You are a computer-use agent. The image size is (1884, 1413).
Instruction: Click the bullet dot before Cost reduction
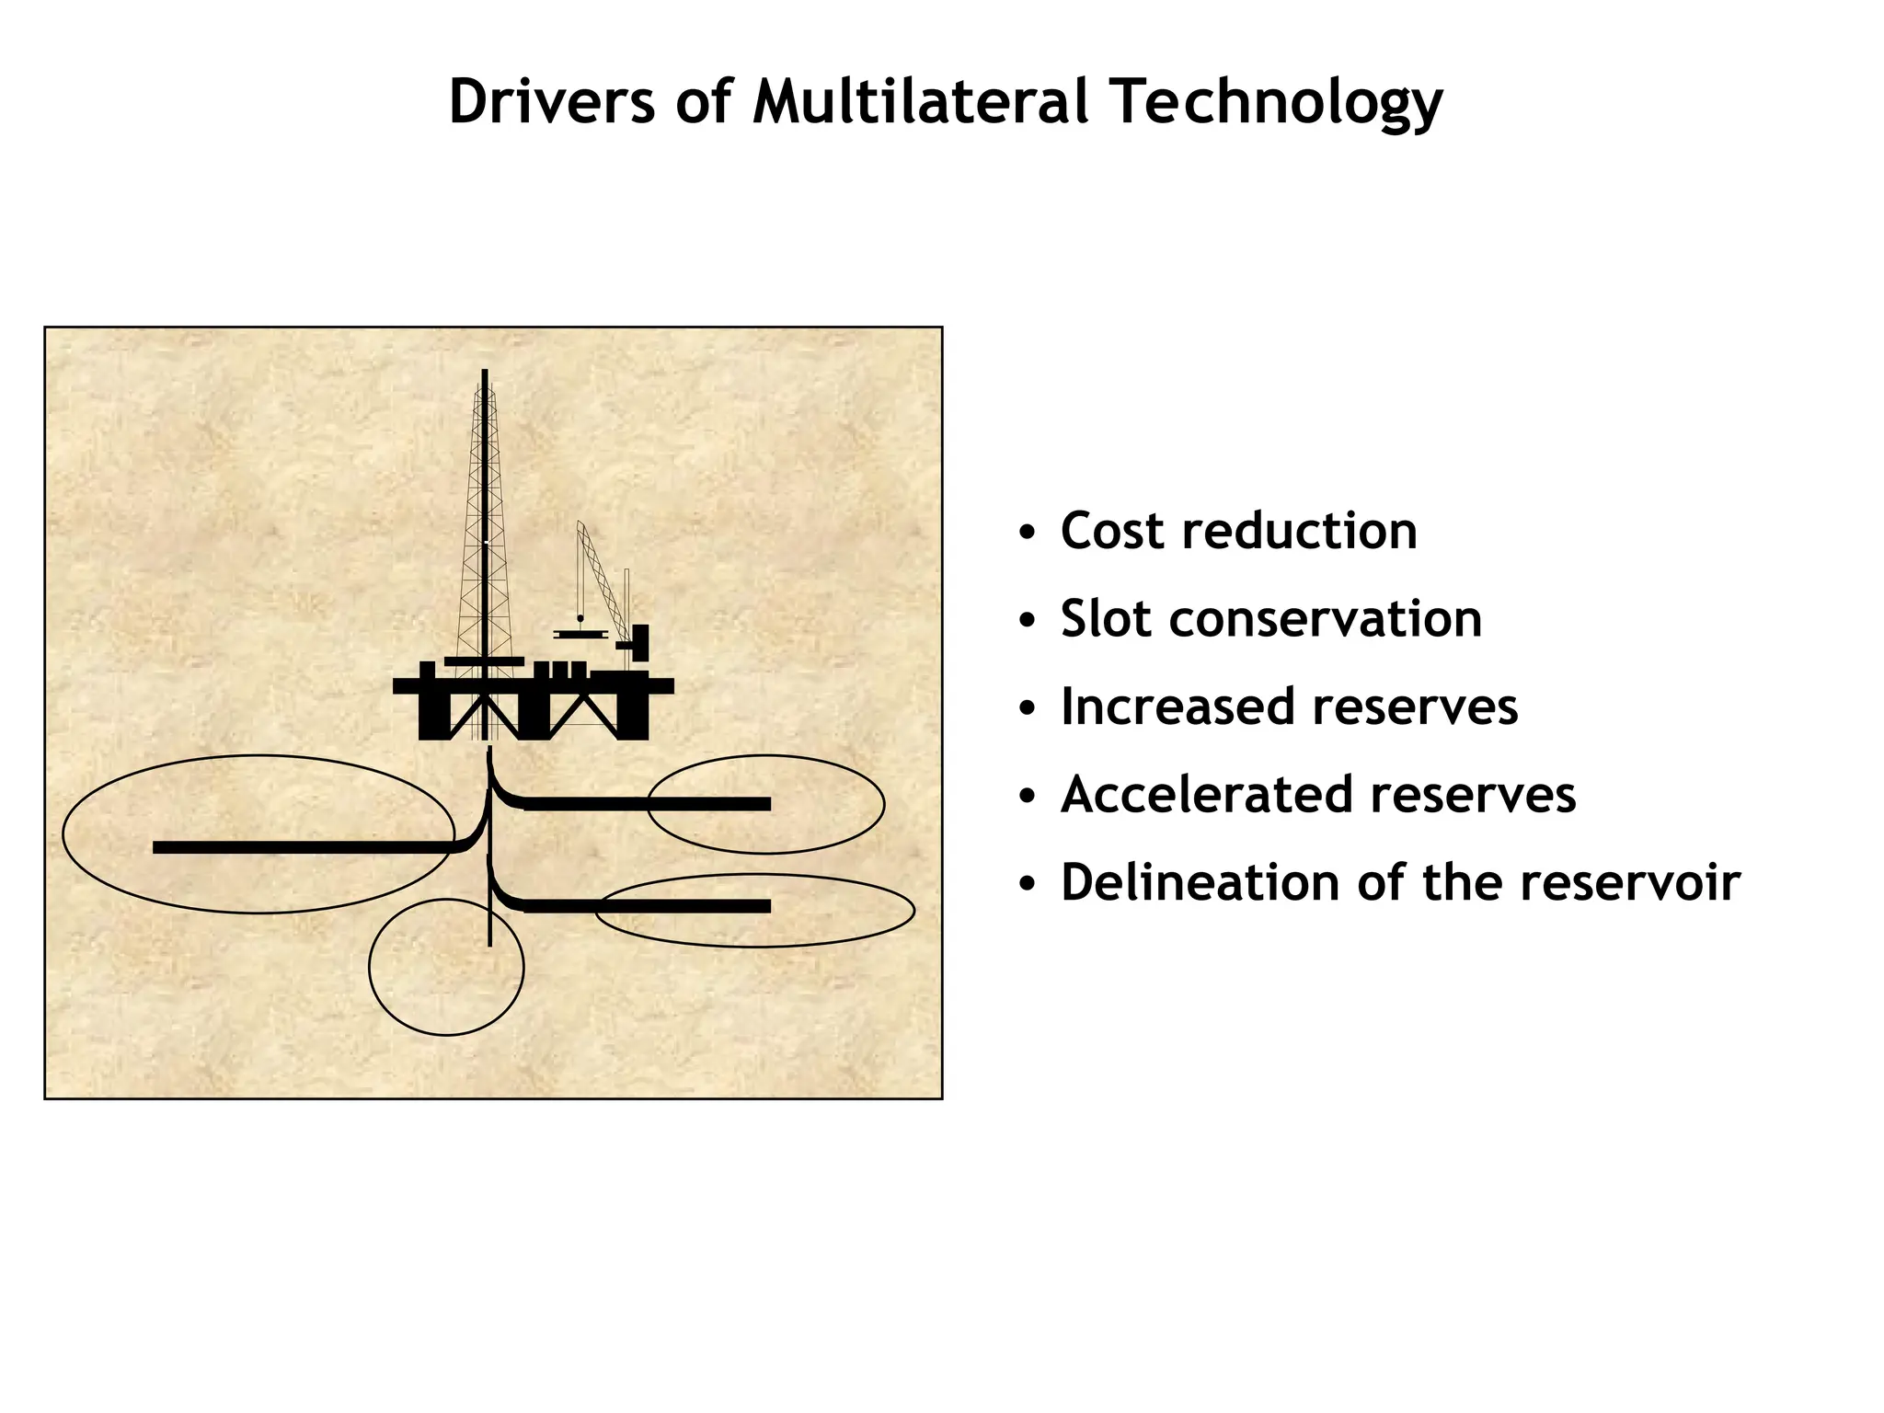tap(1028, 534)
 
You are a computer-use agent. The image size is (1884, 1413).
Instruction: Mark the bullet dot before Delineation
tap(1028, 885)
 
